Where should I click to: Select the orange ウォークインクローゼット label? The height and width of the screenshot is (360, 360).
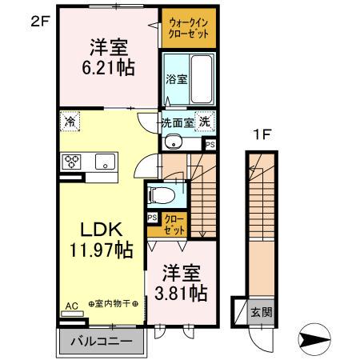coord(187,30)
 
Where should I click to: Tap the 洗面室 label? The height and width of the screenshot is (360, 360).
coord(177,123)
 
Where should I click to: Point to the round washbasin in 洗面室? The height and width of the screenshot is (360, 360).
coord(173,142)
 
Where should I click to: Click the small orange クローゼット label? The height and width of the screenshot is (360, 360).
coord(174,224)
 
